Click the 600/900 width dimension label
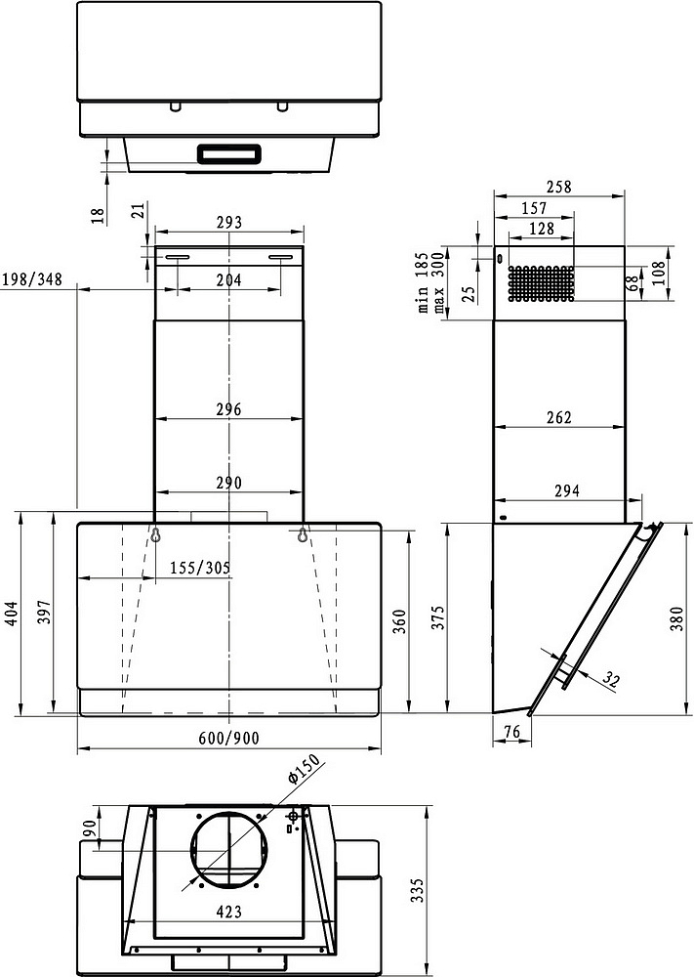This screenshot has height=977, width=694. pyautogui.click(x=229, y=738)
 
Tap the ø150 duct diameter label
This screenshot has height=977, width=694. pyautogui.click(x=305, y=775)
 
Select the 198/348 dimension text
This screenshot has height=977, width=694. pyautogui.click(x=32, y=279)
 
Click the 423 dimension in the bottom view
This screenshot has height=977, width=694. pyautogui.click(x=229, y=912)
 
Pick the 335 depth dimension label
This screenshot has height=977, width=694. pyautogui.click(x=418, y=890)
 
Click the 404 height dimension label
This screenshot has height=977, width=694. pyautogui.click(x=11, y=612)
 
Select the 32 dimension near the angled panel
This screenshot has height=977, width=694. pyautogui.click(x=611, y=681)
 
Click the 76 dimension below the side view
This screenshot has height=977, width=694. pyautogui.click(x=511, y=733)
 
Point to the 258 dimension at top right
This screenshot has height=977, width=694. pyautogui.click(x=559, y=186)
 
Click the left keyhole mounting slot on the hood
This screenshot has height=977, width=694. pyautogui.click(x=155, y=534)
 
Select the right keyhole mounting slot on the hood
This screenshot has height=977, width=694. pyautogui.click(x=304, y=534)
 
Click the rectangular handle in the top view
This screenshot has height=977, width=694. pyautogui.click(x=229, y=153)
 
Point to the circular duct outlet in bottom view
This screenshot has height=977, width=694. pyautogui.click(x=229, y=849)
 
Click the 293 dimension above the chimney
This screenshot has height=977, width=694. pyautogui.click(x=228, y=223)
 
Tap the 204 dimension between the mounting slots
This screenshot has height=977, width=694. pyautogui.click(x=228, y=279)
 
